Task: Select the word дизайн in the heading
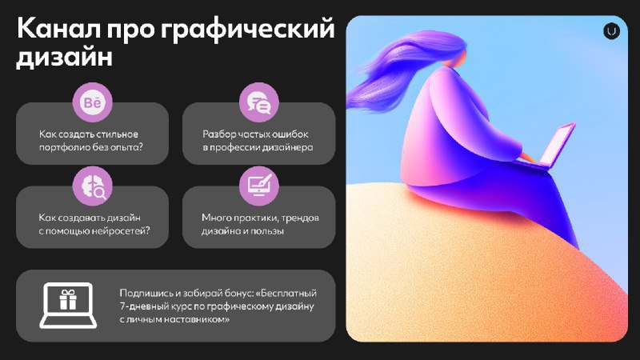(64, 57)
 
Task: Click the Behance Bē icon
(92, 102)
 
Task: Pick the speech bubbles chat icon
(259, 102)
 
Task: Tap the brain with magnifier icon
(92, 186)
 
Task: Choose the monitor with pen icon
(259, 186)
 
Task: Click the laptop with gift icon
(68, 305)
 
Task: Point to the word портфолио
(65, 148)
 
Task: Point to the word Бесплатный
(288, 293)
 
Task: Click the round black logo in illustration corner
(611, 31)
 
